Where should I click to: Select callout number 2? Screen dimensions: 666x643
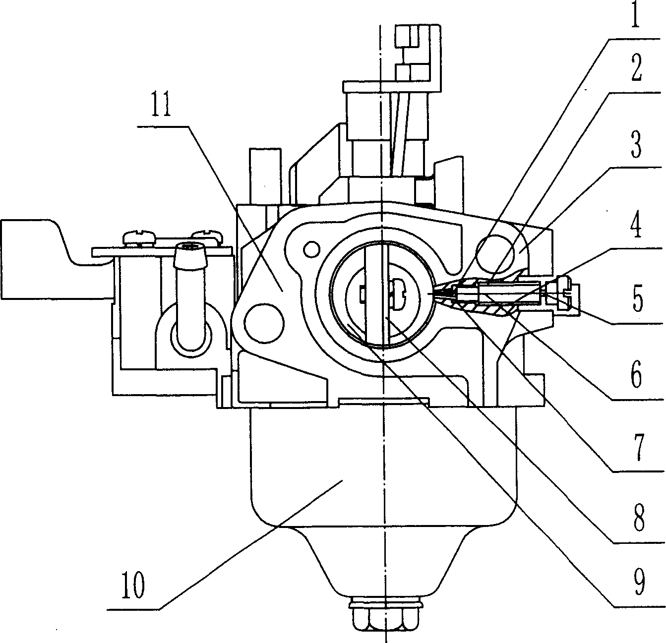click(x=636, y=68)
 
